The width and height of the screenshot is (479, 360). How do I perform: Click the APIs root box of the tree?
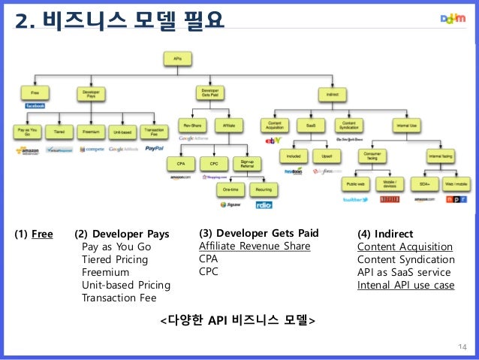177,58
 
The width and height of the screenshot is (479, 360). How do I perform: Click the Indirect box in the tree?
332,95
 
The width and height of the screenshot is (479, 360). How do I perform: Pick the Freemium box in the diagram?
92,132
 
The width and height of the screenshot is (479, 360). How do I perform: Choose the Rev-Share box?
191,125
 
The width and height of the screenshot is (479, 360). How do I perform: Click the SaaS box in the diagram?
309,125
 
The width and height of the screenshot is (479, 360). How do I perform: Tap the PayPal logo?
155,149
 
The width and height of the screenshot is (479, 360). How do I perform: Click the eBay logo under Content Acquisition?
271,141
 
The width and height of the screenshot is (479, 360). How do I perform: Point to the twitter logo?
354,199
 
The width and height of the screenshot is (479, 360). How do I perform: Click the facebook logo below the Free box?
35,106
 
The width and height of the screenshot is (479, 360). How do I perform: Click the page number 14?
462,346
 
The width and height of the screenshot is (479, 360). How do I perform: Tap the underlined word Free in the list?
42,234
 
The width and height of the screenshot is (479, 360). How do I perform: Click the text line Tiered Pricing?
114,259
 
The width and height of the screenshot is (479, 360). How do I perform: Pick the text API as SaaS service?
404,272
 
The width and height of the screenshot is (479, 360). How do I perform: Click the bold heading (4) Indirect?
386,234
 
